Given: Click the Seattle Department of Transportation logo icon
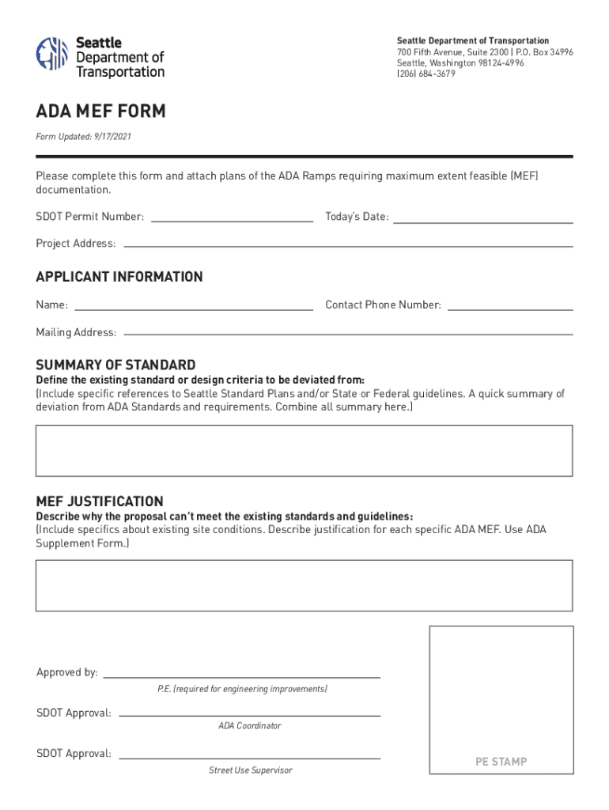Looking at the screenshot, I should (51, 54).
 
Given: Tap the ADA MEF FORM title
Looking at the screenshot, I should (100, 112).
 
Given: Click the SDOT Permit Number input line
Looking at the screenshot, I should (231, 218).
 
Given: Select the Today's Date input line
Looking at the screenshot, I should (482, 218).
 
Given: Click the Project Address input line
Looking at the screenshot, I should (347, 244).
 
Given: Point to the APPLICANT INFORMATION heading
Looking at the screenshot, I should (119, 277).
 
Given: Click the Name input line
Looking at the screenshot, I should (193, 305).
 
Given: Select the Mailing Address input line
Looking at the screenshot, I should (348, 332).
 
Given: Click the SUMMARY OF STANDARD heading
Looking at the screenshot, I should (115, 365).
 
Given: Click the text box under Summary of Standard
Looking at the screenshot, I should (304, 451).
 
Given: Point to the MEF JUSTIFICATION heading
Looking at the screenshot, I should (100, 502).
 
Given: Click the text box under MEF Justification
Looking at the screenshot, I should (304, 585).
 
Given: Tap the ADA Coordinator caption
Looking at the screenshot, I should (249, 726).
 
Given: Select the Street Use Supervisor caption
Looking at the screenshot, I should (250, 770).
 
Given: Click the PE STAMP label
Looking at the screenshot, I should (501, 762).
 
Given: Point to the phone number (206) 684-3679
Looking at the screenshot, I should (426, 74).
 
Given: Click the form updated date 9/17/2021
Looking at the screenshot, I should (112, 137).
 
